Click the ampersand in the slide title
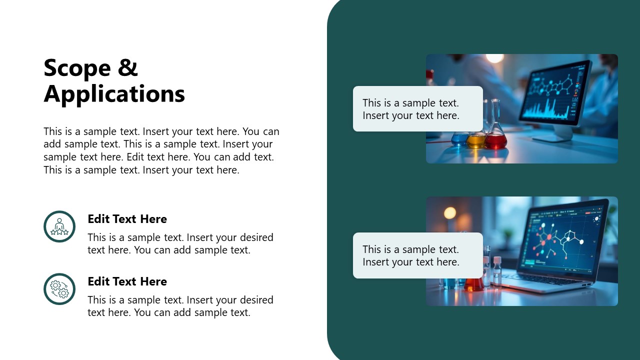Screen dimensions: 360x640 (128, 68)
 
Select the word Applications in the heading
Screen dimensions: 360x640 (114, 94)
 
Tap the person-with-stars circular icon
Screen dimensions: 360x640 (59, 226)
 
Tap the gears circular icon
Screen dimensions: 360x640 (59, 289)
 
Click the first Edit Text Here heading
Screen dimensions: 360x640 (127, 219)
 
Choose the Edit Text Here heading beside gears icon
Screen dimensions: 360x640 (127, 281)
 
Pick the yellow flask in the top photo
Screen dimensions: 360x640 (475, 140)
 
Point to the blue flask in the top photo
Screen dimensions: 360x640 (459, 139)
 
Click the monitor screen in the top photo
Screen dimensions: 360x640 (555, 92)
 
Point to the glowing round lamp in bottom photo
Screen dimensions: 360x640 (450, 213)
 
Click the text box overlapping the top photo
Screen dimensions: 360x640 (417, 109)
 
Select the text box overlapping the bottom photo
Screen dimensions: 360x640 (417, 255)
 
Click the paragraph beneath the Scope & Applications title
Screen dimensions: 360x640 (161, 150)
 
